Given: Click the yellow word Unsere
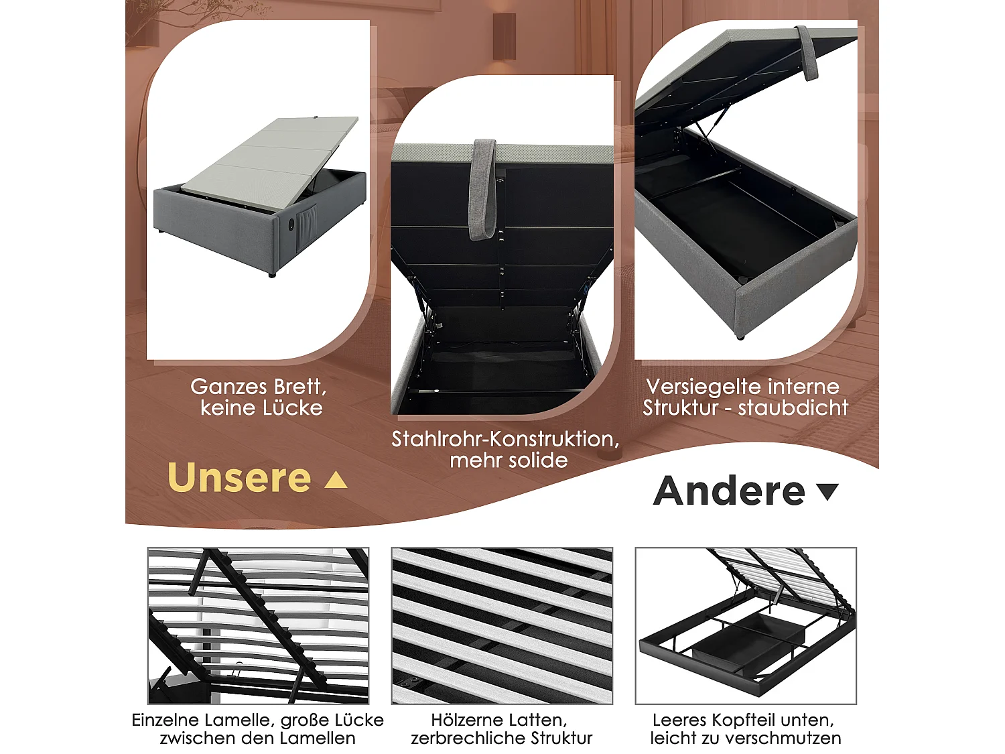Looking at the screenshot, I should (239, 478).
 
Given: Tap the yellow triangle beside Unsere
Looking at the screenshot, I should (336, 480).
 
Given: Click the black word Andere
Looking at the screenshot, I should (729, 491).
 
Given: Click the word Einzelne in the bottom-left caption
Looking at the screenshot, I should (165, 720).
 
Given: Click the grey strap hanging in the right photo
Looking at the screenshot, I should (808, 54).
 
